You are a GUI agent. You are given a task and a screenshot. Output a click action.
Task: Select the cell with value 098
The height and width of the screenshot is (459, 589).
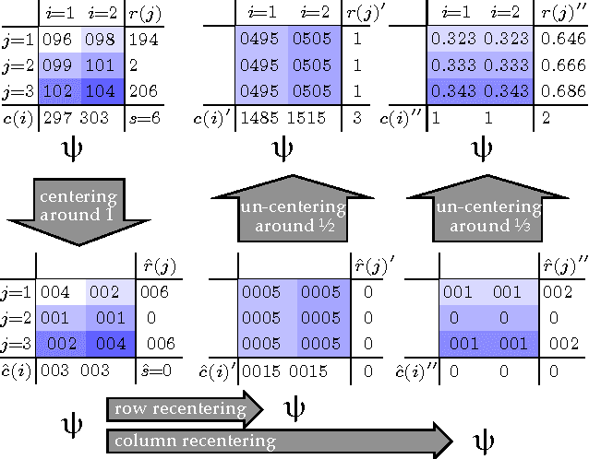point(101,41)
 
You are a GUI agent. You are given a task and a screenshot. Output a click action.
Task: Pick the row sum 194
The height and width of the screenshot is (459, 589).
point(143,41)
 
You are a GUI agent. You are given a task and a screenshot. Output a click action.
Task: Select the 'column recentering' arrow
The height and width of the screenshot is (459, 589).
point(277,441)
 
